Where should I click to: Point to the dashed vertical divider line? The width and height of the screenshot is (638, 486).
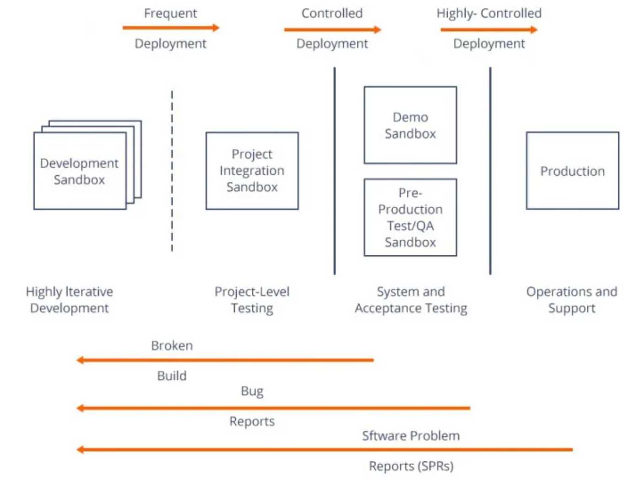(x=172, y=171)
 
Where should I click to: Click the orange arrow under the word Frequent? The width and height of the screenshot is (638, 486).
(x=171, y=28)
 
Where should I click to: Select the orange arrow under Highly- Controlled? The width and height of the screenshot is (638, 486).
(x=489, y=30)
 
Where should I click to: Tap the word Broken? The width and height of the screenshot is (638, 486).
(x=172, y=346)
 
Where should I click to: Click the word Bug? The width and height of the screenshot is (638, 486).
(x=252, y=391)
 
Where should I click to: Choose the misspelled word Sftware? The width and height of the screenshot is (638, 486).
(x=380, y=436)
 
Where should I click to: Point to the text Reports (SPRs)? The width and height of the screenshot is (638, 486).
(x=411, y=466)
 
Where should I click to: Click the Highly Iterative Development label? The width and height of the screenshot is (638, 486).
(x=69, y=300)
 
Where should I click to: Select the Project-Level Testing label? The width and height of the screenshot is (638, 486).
(x=252, y=300)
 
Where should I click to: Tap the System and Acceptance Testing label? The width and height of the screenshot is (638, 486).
(x=411, y=300)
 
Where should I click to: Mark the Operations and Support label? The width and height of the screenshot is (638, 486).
(x=572, y=300)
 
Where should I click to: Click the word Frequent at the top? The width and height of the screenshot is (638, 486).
(x=170, y=14)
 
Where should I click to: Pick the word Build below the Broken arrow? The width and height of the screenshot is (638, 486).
(x=172, y=376)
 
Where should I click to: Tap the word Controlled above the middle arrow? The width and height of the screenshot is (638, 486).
(x=332, y=13)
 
